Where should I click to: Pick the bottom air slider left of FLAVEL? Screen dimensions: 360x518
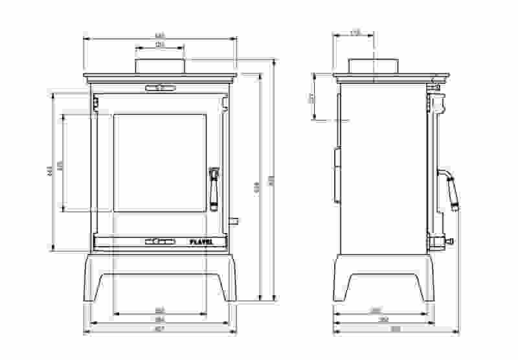pyautogui.click(x=159, y=242)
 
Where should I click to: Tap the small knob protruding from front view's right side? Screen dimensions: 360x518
pyautogui.click(x=233, y=221)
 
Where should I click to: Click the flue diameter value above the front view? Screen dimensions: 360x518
pyautogui.click(x=160, y=44)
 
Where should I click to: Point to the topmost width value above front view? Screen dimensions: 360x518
pyautogui.click(x=160, y=35)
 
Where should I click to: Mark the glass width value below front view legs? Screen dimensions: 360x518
pyautogui.click(x=160, y=310)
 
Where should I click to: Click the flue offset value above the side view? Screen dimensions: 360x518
pyautogui.click(x=354, y=32)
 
